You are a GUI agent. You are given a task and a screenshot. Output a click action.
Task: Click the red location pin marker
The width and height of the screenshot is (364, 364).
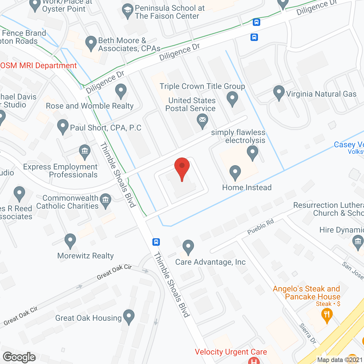[x=182, y=167]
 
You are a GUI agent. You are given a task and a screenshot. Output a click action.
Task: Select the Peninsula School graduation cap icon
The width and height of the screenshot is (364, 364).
[x=128, y=11]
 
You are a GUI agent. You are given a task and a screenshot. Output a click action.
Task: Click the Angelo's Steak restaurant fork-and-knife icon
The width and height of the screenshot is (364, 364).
[x=327, y=315]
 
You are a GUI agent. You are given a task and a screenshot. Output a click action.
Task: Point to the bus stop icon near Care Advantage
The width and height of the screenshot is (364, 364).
[x=156, y=242]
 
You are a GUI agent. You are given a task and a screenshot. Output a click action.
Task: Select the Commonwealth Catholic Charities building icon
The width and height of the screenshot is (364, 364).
[x=106, y=200]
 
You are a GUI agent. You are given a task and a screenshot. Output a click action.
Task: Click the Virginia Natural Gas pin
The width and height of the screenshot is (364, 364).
[x=279, y=92]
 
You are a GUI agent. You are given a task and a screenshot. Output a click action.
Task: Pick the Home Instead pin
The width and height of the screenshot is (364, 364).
[x=235, y=172]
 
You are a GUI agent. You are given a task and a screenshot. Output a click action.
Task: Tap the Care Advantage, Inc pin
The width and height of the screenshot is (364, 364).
[x=188, y=247]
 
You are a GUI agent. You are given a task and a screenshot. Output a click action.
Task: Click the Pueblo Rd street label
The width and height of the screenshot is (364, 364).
[x=260, y=227]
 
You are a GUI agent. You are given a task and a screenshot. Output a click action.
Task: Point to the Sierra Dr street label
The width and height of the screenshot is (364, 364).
[x=308, y=334]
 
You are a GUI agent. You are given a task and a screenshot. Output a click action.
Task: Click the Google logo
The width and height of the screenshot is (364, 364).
[x=19, y=357]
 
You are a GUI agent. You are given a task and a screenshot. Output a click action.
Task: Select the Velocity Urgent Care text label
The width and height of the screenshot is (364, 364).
[x=231, y=352]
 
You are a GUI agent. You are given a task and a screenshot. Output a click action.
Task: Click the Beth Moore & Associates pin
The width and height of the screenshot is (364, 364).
[x=91, y=43]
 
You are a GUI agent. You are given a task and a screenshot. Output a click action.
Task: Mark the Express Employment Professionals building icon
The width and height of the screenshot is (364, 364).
[x=85, y=151]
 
